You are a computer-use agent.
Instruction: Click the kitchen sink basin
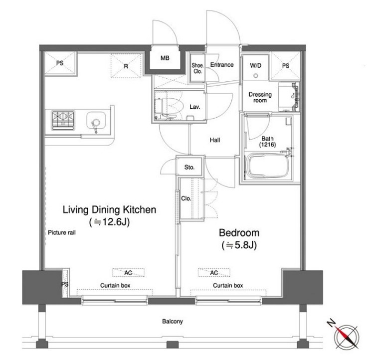[96, 121]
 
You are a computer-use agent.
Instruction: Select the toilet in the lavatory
[169, 108]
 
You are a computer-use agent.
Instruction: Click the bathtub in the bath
[268, 166]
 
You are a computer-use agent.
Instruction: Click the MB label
[165, 58]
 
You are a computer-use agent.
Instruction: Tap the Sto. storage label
[189, 168]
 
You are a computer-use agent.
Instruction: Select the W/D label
[256, 65]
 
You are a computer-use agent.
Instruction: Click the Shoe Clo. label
[197, 68]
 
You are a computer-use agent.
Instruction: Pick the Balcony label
[173, 322]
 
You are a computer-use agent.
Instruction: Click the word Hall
[215, 140]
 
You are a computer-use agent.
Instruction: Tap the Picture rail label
[62, 232]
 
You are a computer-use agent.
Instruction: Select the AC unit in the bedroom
[214, 272]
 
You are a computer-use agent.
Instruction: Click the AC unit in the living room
[128, 272]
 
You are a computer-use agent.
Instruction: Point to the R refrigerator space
[126, 66]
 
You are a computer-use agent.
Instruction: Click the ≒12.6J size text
[109, 222]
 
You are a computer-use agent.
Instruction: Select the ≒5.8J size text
[239, 245]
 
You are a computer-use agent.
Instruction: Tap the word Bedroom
[239, 233]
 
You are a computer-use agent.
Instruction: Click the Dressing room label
[260, 97]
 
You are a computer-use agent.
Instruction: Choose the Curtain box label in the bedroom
[228, 285]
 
